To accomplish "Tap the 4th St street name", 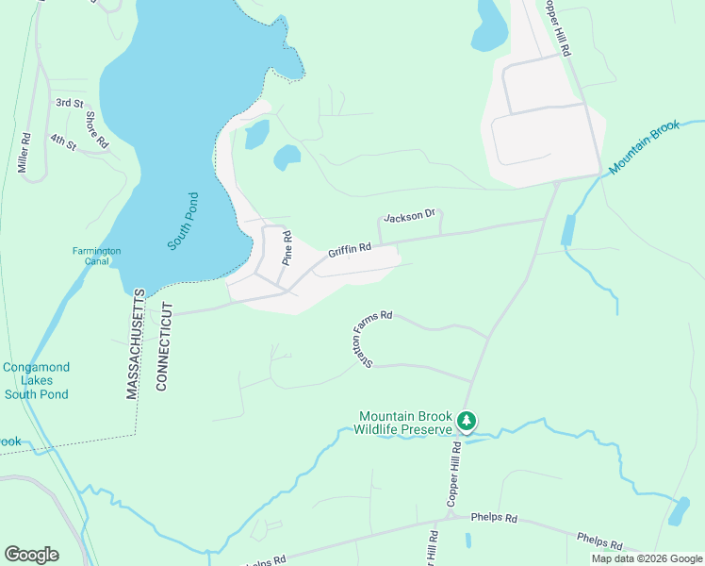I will pos(63,141).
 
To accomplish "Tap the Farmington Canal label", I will pos(97,257).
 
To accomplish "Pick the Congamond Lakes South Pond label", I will pos(37,380).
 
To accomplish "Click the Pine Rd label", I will pos(288,248).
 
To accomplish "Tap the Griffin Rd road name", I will pos(350,250).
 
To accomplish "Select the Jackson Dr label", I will pos(408,217).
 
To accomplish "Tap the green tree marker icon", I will pos(465,420).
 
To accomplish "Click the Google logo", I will pos(31,555).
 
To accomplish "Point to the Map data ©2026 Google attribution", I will pos(646,558).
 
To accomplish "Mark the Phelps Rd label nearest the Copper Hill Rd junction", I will pos(498,519).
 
